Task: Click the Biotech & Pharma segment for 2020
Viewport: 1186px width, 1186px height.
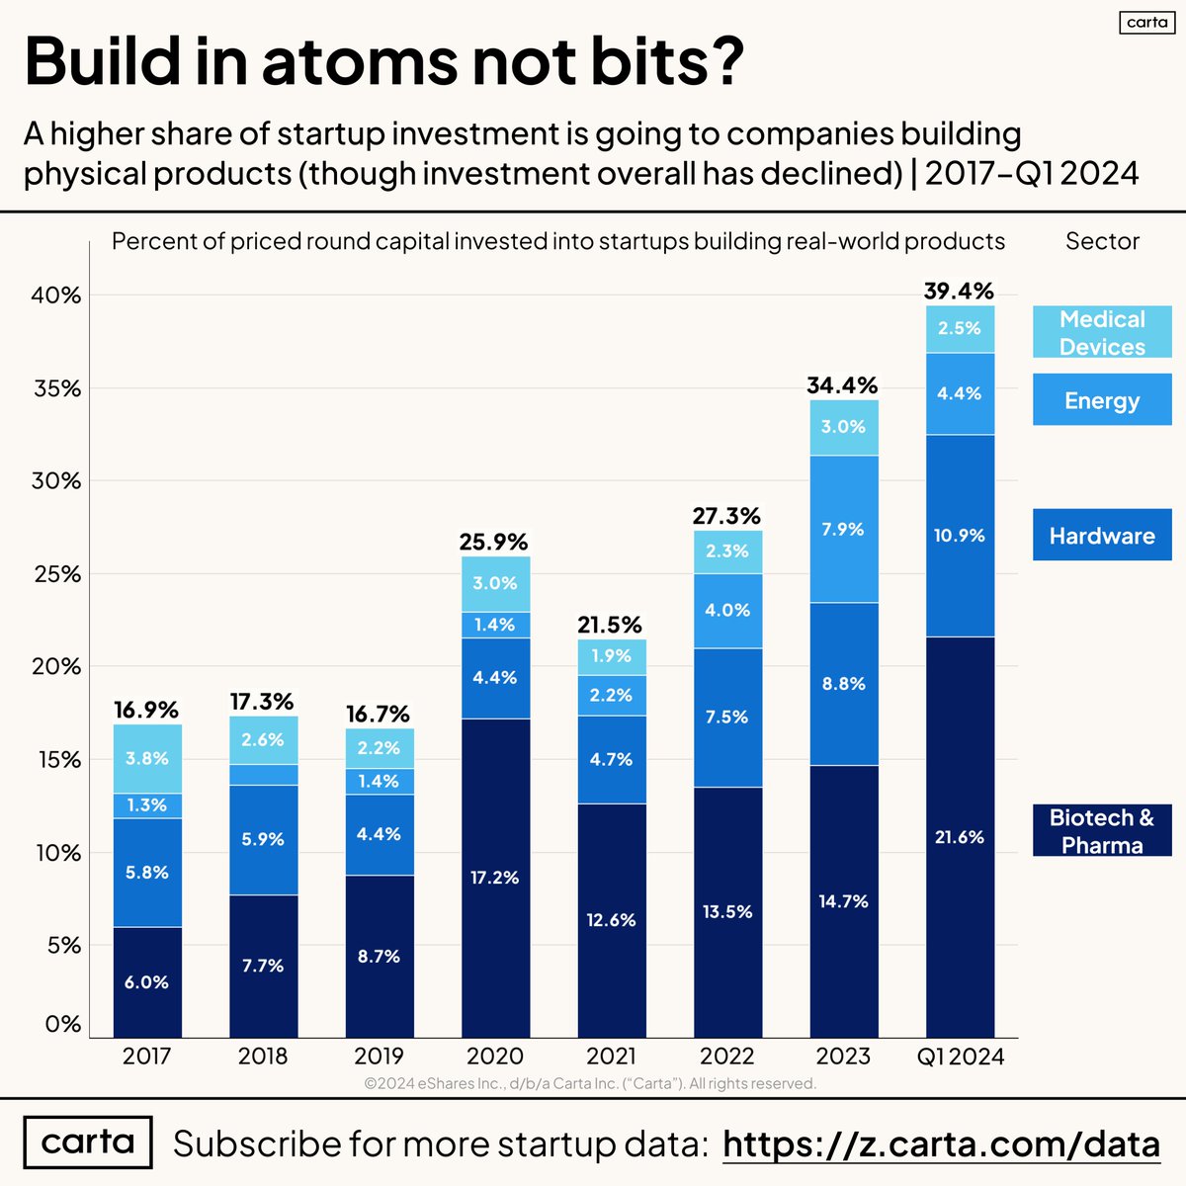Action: pyautogui.click(x=495, y=878)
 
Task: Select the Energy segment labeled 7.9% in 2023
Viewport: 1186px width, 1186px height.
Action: pyautogui.click(x=844, y=529)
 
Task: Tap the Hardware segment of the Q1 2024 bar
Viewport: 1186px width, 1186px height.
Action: pyautogui.click(x=960, y=536)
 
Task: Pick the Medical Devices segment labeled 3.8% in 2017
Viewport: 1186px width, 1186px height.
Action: pyautogui.click(x=147, y=759)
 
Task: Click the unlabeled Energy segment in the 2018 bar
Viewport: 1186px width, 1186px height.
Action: pyautogui.click(x=263, y=775)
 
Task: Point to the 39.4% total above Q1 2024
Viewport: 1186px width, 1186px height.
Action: pyautogui.click(x=959, y=291)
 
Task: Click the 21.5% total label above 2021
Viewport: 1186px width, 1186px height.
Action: pyautogui.click(x=611, y=625)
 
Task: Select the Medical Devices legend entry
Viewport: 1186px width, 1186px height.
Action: pyautogui.click(x=1102, y=332)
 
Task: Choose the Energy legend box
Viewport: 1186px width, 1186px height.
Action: pyautogui.click(x=1102, y=400)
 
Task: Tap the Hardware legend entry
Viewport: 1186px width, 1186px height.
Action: pyautogui.click(x=1102, y=536)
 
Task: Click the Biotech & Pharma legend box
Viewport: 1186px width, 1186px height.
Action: pyautogui.click(x=1102, y=831)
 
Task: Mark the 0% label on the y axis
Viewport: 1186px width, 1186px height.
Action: pyautogui.click(x=62, y=1024)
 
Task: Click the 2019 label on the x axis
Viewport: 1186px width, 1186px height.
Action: pyautogui.click(x=379, y=1057)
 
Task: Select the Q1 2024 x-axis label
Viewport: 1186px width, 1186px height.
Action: pyautogui.click(x=960, y=1057)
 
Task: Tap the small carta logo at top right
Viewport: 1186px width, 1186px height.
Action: pyautogui.click(x=1146, y=22)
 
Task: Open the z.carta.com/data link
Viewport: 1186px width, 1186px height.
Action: pyautogui.click(x=941, y=1144)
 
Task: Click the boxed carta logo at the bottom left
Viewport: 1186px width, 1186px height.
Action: pyautogui.click(x=88, y=1143)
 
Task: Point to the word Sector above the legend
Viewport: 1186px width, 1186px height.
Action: pyautogui.click(x=1102, y=241)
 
